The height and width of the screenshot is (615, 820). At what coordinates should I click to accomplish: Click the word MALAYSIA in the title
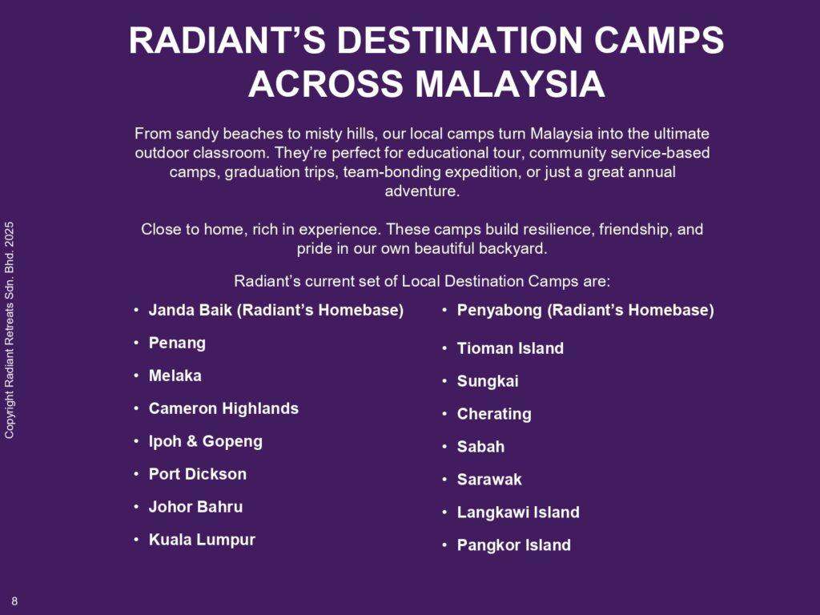tap(510, 84)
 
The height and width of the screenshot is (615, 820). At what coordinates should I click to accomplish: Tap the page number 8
tap(14, 601)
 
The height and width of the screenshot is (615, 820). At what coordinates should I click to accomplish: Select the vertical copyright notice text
tap(10, 331)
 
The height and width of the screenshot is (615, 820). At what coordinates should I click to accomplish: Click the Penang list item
tap(177, 343)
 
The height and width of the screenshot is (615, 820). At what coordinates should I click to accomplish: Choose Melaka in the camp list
tap(175, 376)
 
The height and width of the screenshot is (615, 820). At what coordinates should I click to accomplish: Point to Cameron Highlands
tap(224, 408)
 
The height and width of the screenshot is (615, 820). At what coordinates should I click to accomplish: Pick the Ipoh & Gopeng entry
tap(206, 441)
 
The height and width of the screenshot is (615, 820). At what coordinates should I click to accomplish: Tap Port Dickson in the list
tap(198, 474)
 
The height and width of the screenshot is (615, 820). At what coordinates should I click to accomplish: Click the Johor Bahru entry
tap(195, 507)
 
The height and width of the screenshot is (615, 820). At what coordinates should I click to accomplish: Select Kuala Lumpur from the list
tap(202, 540)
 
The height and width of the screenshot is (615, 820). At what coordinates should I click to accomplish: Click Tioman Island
tap(510, 348)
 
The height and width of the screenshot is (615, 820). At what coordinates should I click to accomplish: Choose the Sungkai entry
tap(488, 381)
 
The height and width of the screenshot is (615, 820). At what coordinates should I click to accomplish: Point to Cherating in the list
tap(494, 414)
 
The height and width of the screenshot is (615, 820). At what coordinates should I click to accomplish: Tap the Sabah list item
tap(480, 447)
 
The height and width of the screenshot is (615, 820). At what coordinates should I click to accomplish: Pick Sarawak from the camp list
tap(489, 480)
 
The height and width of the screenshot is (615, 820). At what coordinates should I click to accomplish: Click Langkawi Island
tap(518, 512)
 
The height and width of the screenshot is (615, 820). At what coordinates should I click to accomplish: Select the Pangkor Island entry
tap(514, 545)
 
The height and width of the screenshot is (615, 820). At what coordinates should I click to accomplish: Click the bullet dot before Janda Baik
tap(136, 310)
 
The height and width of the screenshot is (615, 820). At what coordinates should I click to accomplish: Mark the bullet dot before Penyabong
tap(444, 310)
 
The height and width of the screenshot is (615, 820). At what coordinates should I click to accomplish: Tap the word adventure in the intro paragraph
tap(422, 191)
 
